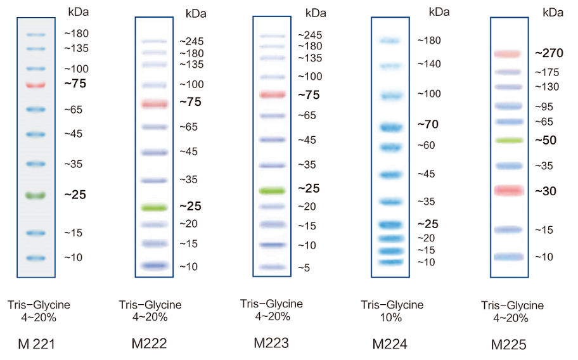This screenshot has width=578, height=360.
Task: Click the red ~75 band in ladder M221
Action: point(35,84)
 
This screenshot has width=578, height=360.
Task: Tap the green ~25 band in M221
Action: point(35,195)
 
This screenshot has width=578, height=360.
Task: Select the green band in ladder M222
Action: point(154,207)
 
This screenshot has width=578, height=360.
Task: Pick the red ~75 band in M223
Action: point(273,95)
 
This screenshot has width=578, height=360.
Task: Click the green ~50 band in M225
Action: point(509,140)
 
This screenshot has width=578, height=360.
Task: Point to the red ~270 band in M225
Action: point(508,55)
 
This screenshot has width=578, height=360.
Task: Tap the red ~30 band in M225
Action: point(509,190)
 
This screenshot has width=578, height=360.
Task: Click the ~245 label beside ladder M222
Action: point(191,41)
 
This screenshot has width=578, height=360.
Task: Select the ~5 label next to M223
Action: point(304,268)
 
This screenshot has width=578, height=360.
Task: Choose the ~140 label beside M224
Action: point(428,64)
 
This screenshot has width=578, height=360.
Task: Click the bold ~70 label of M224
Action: point(428,124)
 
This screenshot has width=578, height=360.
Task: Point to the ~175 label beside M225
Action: point(547,72)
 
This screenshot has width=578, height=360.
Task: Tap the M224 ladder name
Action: point(390,344)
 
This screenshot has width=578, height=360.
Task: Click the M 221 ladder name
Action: point(37,345)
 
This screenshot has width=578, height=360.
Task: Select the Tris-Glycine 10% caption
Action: point(391,311)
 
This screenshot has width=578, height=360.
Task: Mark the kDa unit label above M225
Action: point(553,12)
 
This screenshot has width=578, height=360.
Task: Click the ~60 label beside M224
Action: point(426,145)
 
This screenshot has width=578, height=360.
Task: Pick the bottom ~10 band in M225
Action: point(509,257)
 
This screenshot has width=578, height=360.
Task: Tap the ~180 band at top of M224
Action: point(390,41)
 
